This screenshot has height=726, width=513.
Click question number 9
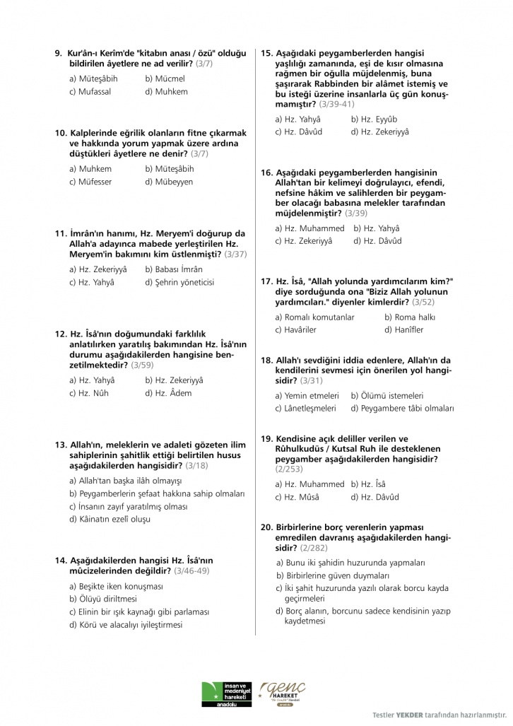pyautogui.click(x=59, y=53)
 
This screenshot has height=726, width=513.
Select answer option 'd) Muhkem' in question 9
pyautogui.click(x=166, y=91)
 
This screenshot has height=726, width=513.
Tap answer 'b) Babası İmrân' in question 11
pyautogui.click(x=174, y=269)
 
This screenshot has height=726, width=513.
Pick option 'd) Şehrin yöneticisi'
pyautogui.click(x=179, y=282)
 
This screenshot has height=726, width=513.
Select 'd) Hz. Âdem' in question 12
pyautogui.click(x=168, y=393)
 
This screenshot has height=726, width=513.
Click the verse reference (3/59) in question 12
pyautogui.click(x=141, y=365)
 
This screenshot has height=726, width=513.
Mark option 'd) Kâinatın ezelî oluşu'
pyautogui.click(x=110, y=519)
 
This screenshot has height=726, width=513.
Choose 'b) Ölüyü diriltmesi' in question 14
pyautogui.click(x=103, y=599)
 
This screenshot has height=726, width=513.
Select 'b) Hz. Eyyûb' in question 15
pyautogui.click(x=374, y=119)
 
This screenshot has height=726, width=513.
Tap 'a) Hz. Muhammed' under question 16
pyautogui.click(x=309, y=228)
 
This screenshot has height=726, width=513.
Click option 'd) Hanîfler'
pyautogui.click(x=404, y=330)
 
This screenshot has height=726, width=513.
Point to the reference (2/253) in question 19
pyautogui.click(x=290, y=469)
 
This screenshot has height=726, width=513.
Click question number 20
pyautogui.click(x=266, y=527)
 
